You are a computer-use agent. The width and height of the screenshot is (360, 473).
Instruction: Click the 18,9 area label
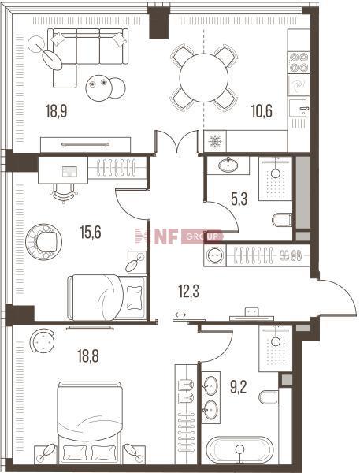pyautogui.click(x=57, y=110)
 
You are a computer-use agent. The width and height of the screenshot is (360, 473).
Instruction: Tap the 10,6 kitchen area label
pyautogui.click(x=262, y=110)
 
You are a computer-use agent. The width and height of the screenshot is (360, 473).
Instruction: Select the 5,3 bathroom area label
pyautogui.click(x=239, y=199)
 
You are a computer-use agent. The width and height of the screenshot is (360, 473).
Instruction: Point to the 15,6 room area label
pyautogui.click(x=91, y=232)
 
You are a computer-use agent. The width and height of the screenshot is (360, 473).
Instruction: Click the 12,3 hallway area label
pyautogui.click(x=189, y=292)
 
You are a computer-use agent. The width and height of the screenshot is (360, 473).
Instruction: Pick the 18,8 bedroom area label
pyautogui.click(x=88, y=356)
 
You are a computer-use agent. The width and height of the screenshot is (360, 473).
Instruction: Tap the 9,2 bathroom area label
pyautogui.click(x=239, y=387)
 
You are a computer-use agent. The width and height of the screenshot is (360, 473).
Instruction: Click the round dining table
pyautogui.click(x=204, y=77)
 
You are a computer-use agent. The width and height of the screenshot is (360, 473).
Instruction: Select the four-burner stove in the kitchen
pyautogui.click(x=299, y=62)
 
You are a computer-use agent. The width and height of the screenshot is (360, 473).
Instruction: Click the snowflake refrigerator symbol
pyautogui.click(x=215, y=141)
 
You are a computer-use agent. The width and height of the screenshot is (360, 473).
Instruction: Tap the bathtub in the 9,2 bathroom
pyautogui.click(x=239, y=449)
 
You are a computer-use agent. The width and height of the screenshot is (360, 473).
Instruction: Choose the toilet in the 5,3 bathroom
pyautogui.click(x=281, y=220)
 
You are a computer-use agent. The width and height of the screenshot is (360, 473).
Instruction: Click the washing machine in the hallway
pyautogui.click(x=215, y=255)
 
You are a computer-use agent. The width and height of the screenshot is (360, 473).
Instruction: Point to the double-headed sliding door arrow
pyautogui.click(x=180, y=315)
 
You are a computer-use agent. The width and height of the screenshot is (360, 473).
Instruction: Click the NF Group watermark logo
pyautogui.click(x=179, y=236)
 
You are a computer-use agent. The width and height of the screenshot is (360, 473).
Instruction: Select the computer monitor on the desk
pyautogui.click(x=69, y=171)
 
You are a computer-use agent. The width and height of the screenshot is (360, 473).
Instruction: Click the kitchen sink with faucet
pyautogui.click(x=299, y=108)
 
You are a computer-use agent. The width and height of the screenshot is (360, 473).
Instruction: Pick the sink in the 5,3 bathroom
pyautogui.click(x=228, y=165)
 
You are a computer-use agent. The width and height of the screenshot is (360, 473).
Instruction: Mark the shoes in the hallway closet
pyautogui.click(x=290, y=255)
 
